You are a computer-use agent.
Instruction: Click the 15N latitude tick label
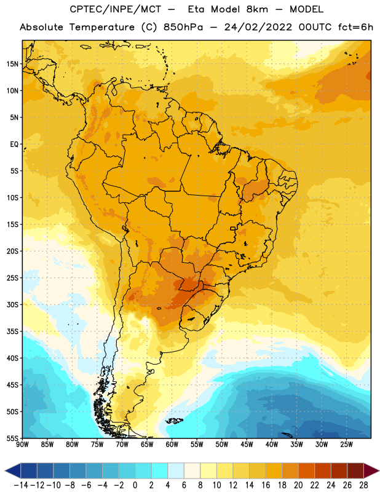tap(12, 64)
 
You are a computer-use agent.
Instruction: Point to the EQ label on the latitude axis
tap(14, 145)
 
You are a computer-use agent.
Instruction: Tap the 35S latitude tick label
tap(12, 331)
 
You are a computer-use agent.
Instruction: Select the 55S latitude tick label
tap(12, 438)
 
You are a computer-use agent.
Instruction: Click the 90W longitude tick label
tap(23, 445)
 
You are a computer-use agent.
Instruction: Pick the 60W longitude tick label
tap(172, 445)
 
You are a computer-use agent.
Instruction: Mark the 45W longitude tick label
tap(247, 445)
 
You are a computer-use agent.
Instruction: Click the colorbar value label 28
tap(363, 485)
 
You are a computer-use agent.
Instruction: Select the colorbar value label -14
tap(22, 485)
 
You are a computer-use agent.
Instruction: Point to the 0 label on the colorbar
tap(135, 485)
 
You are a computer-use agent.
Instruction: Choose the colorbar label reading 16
tap(266, 485)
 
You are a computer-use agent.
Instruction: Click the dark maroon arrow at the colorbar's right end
tap(371, 470)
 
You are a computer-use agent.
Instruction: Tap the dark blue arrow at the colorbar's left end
tap(13, 470)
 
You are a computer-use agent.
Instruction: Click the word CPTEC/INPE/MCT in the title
tap(116, 9)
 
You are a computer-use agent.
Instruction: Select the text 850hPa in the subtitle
tap(183, 27)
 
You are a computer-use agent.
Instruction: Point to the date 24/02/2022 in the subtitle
tap(258, 27)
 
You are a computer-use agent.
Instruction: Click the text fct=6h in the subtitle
tap(355, 27)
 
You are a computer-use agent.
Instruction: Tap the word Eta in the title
tap(196, 9)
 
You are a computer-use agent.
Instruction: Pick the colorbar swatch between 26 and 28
tap(355, 470)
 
